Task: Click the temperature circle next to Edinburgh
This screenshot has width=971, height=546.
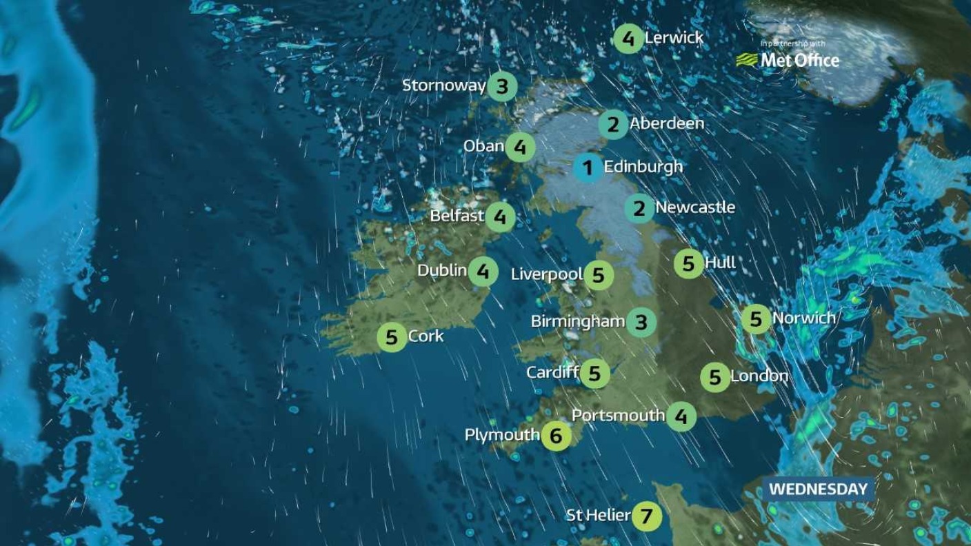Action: pos(588,168)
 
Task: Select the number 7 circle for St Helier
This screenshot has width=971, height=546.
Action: pos(646,515)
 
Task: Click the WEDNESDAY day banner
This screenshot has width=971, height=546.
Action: pos(817,489)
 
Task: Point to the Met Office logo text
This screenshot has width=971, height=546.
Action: pos(799,61)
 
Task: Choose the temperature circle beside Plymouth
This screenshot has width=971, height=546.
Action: pos(557,436)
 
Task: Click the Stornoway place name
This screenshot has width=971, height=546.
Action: pos(444,85)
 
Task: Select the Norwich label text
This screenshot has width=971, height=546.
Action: pos(804,318)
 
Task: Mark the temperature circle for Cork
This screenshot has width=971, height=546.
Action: pos(392,337)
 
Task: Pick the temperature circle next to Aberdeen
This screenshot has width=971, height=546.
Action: pos(613,125)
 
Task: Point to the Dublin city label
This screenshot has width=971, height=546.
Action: pos(442,270)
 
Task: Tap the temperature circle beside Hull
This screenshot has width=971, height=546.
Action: pos(688,263)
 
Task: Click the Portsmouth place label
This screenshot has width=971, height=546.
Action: pos(619,415)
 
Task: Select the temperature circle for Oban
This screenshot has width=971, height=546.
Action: pos(520,147)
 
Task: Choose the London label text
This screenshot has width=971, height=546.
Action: pos(759,376)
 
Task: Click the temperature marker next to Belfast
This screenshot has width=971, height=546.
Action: pos(500,217)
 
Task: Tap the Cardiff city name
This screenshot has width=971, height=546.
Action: pos(552,373)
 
